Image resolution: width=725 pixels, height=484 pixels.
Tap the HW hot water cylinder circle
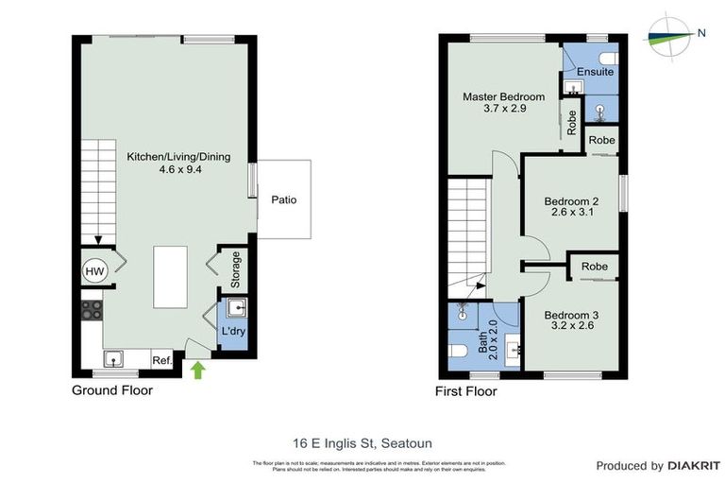[x=95, y=271]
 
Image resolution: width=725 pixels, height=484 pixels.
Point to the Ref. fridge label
[x=162, y=359]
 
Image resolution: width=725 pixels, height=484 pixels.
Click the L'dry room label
[x=232, y=332]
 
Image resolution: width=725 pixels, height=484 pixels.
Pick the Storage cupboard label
[x=236, y=270]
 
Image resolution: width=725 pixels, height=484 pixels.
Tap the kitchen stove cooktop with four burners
[x=92, y=311]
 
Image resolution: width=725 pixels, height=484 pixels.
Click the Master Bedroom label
[x=503, y=96]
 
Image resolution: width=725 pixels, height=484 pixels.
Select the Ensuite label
[x=597, y=72]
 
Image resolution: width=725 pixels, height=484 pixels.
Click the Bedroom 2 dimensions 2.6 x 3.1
[x=571, y=214]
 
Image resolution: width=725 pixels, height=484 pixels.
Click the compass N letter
[x=701, y=33]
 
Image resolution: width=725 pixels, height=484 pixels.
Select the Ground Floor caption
[x=112, y=390]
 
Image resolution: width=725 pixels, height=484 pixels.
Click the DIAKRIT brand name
[x=694, y=466]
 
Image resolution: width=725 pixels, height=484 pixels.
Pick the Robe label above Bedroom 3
[x=595, y=268]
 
